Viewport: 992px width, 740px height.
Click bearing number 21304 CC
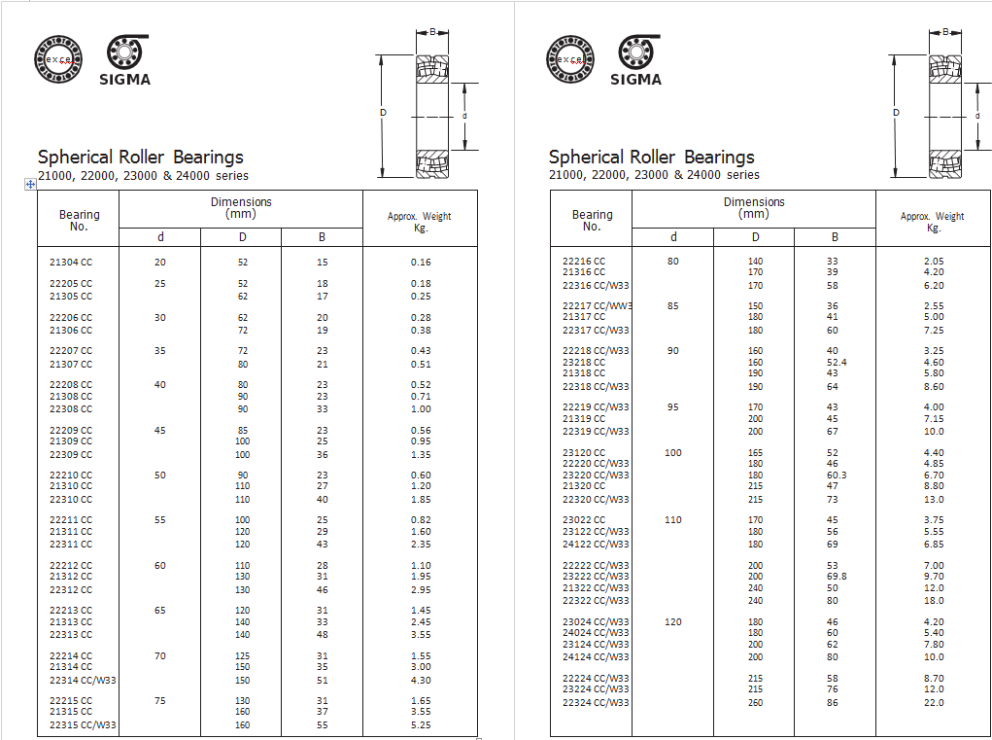point(71,263)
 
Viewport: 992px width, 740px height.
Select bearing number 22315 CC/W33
point(83,725)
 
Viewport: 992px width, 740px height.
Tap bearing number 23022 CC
point(584,520)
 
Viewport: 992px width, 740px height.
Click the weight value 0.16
point(420,263)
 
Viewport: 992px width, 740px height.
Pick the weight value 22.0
point(934,703)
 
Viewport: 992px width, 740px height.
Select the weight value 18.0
point(934,601)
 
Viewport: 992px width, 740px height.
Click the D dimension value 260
point(755,703)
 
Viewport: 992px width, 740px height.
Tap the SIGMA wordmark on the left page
point(125,80)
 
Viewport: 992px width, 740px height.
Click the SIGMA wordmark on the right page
point(636,80)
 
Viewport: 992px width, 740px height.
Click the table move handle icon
point(30,185)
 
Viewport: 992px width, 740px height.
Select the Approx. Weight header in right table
point(933,222)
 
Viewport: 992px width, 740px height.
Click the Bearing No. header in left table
point(80,221)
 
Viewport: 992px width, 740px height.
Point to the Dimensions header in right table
point(754,208)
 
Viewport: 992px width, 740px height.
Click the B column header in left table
point(323,237)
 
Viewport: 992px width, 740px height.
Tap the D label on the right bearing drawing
point(896,113)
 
